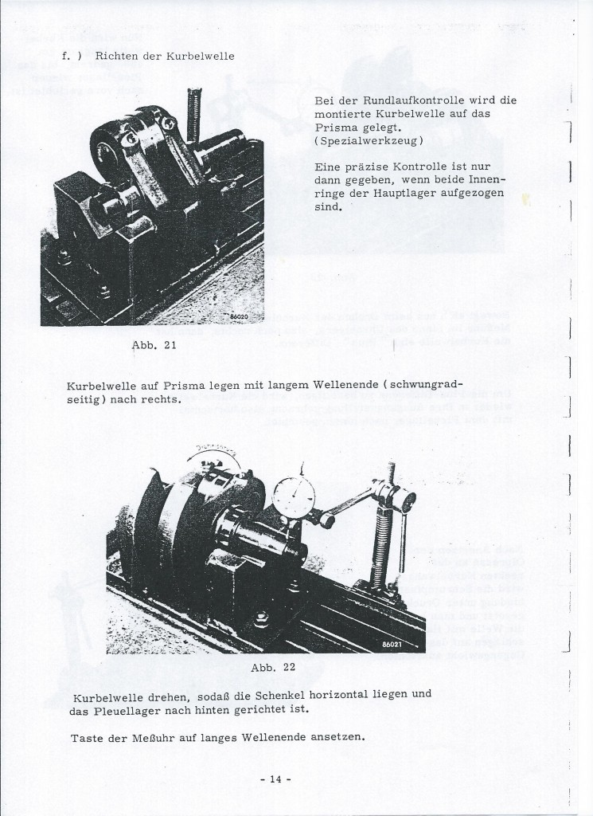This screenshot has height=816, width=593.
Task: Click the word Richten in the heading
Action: (118, 57)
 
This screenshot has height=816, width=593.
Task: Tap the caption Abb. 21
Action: (150, 347)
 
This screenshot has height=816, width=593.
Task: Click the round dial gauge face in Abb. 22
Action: (294, 497)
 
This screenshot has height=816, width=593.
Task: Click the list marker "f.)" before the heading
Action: (71, 57)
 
